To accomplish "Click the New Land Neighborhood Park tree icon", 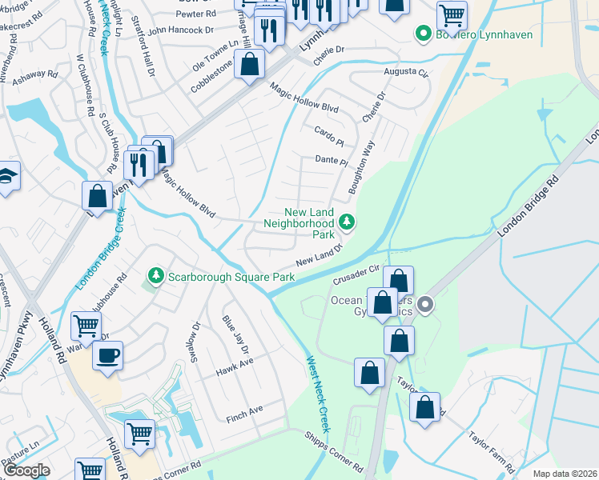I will tap(347, 221).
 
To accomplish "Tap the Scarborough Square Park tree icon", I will tap(155, 277).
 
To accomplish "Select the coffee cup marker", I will tap(107, 356).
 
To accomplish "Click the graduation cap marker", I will tap(6, 176).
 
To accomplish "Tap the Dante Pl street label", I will tap(331, 161).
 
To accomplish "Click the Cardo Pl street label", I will tap(328, 131).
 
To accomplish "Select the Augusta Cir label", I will tap(406, 72).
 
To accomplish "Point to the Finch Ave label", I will tap(244, 410).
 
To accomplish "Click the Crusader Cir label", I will tap(356, 275).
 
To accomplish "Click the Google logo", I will tap(27, 470).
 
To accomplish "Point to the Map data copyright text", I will tap(565, 474).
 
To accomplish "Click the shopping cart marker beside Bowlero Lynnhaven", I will tap(452, 14).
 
